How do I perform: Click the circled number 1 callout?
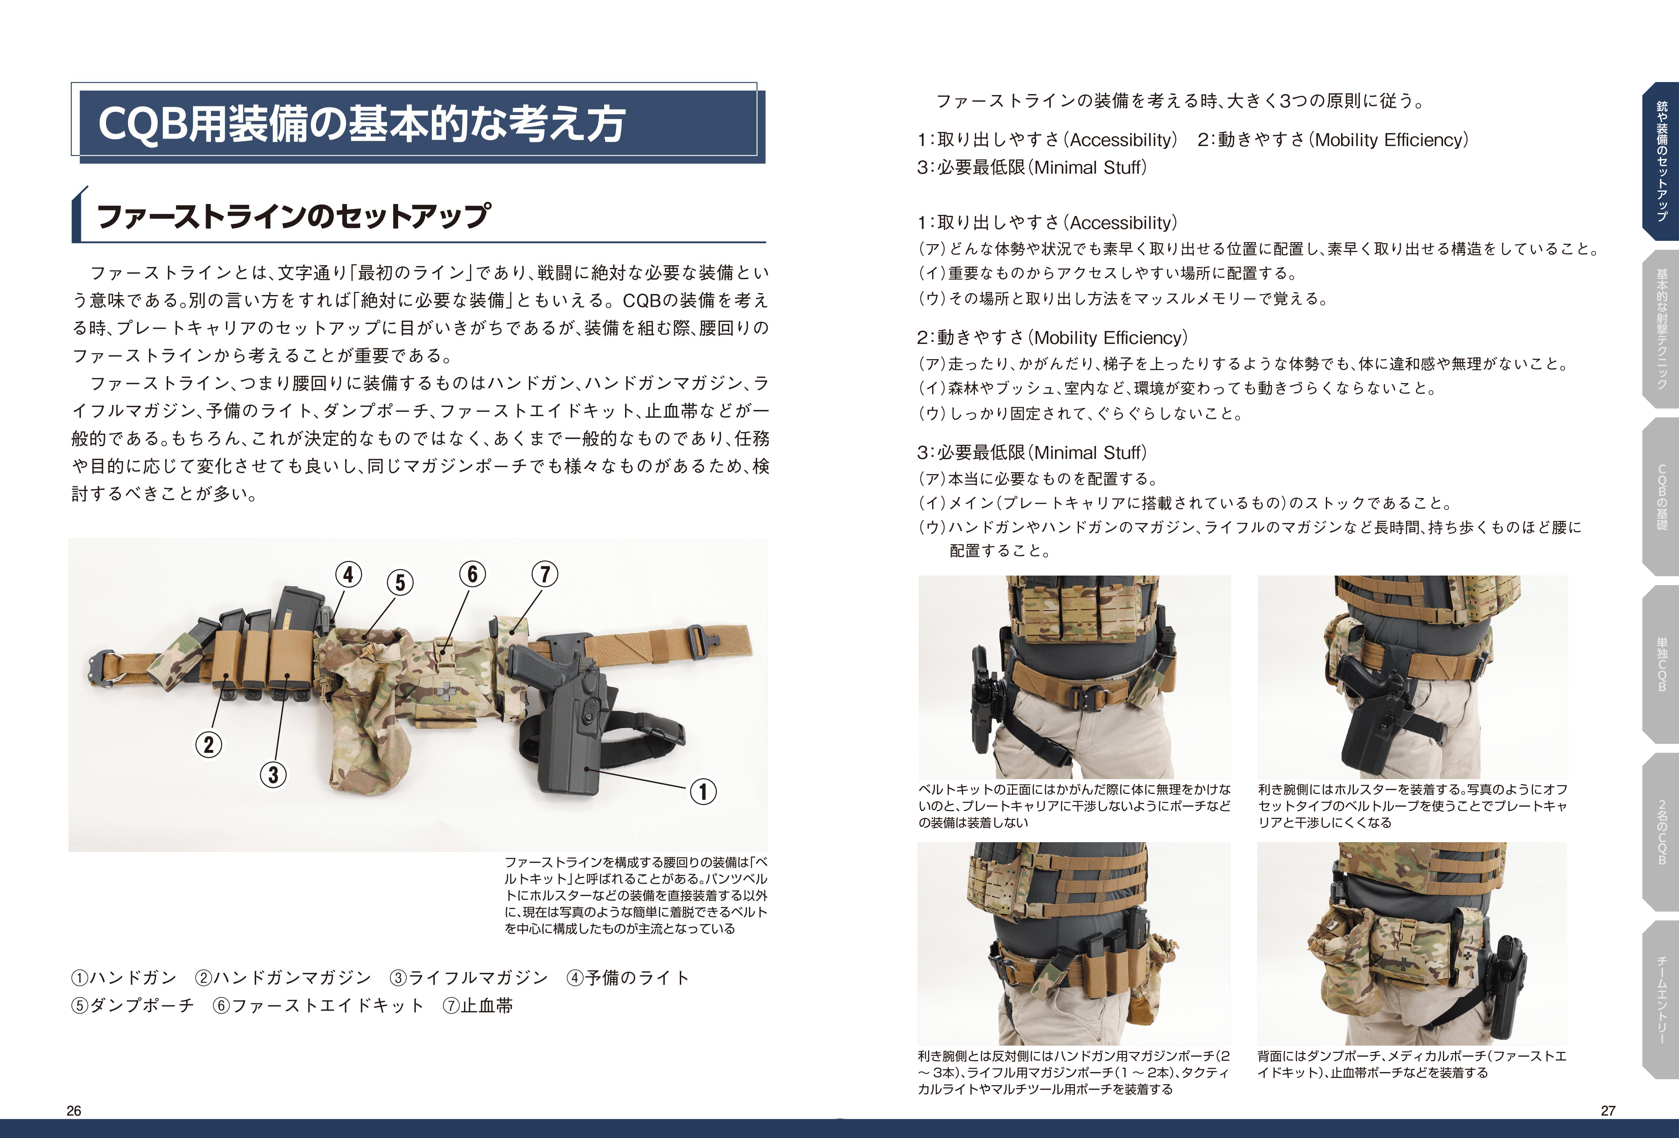click(x=703, y=791)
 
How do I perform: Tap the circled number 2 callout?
click(x=209, y=744)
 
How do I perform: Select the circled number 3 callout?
click(x=273, y=774)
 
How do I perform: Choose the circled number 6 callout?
click(x=473, y=574)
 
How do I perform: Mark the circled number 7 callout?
click(x=545, y=574)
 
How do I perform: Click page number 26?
click(x=74, y=1111)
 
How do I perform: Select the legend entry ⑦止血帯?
click(x=478, y=1006)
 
